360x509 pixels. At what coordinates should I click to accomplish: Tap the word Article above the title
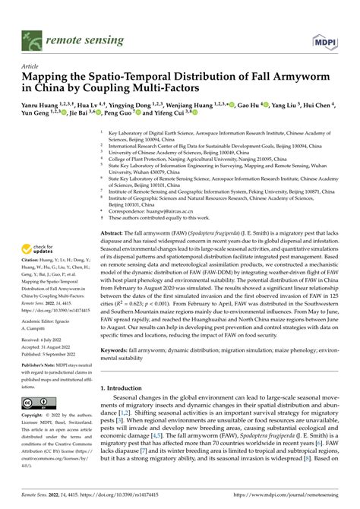point(31,66)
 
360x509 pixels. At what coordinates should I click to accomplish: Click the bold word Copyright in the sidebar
point(37,416)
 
